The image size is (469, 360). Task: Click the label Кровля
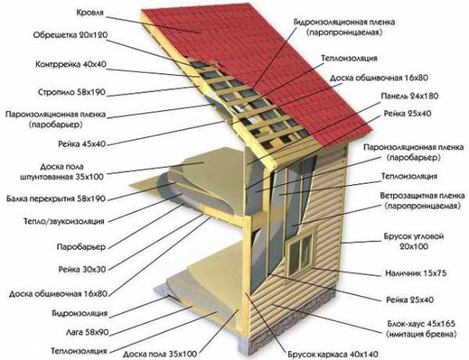pos(90,12)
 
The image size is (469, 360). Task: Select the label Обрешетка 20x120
pos(70,35)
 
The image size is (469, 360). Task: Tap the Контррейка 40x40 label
pos(71,64)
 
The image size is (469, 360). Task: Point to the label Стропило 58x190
pos(72,92)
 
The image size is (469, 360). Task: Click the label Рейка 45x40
pos(82,144)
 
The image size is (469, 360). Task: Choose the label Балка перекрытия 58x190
pos(56,198)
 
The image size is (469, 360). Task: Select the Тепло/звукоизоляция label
pos(64,221)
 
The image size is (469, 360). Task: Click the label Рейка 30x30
pos(82,269)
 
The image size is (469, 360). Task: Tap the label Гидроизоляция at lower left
pos(80,313)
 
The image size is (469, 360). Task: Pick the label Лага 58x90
pos(87,332)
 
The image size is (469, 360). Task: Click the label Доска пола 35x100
pos(160,355)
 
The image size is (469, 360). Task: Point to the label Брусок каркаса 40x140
pos(333,355)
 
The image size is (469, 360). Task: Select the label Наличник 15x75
pos(416,273)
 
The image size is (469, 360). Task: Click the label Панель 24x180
pos(410,96)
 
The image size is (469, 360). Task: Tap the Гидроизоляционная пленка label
pos(344,22)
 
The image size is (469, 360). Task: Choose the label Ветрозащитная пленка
pos(422,196)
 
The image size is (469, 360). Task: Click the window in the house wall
pos(302,251)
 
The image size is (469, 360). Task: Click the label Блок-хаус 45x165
pos(421,323)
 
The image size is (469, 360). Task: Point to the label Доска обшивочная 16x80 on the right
pos(379,78)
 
